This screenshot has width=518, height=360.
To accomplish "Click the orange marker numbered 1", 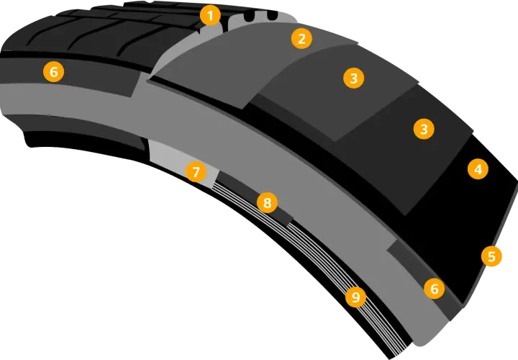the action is (x=210, y=15).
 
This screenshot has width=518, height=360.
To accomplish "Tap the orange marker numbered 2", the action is (x=301, y=39).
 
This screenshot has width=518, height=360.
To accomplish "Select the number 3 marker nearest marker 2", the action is (x=354, y=78).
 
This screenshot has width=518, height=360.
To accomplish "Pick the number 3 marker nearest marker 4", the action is (x=424, y=129).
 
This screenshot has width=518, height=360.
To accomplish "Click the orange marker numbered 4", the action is (x=478, y=169).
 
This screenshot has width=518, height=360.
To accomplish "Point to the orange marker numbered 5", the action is (x=491, y=256).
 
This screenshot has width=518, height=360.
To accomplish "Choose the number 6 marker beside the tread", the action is (x=53, y=72).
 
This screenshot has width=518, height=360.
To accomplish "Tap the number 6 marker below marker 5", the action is (x=434, y=289).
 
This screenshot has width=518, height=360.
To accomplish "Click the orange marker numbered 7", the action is (x=196, y=172).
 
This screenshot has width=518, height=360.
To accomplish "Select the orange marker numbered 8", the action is (x=267, y=202).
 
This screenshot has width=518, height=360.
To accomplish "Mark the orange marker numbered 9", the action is (x=355, y=297).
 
